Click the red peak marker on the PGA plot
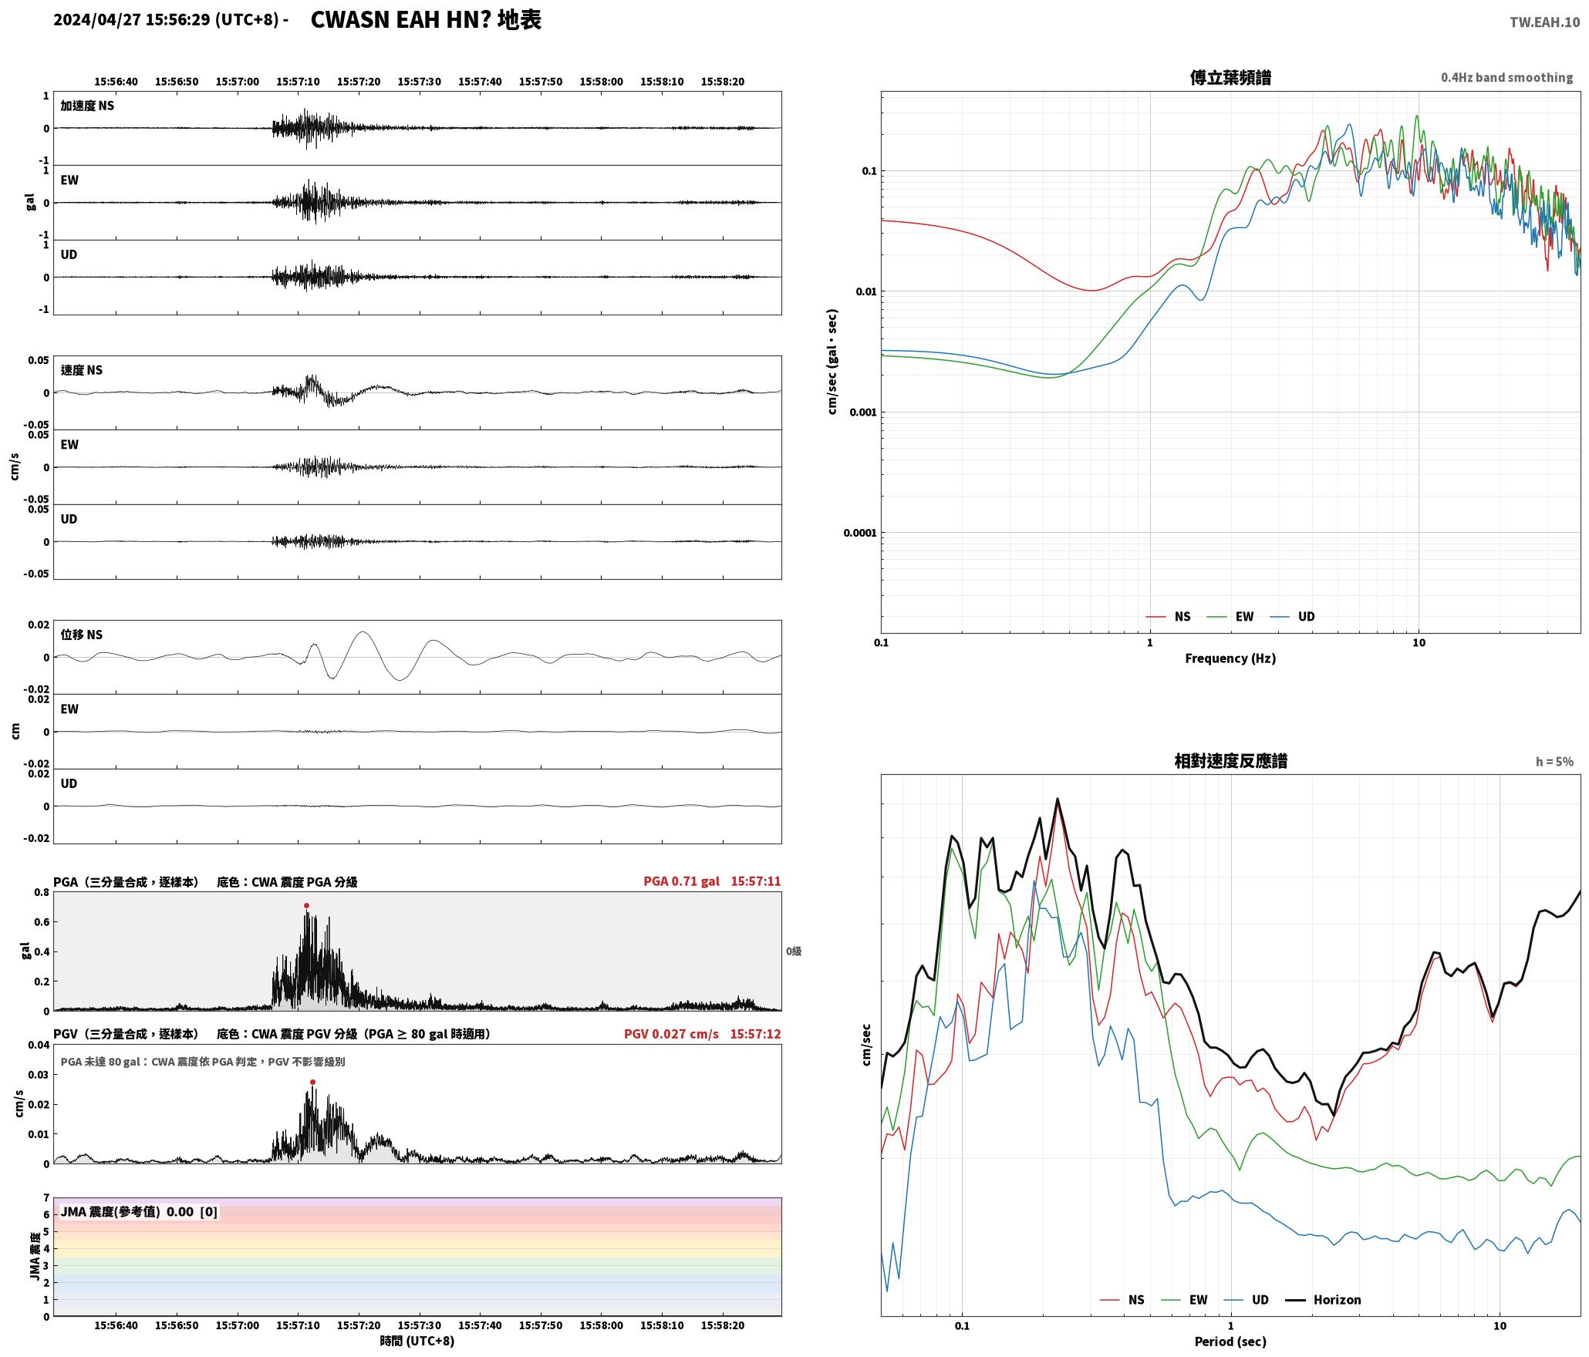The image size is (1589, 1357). tap(306, 906)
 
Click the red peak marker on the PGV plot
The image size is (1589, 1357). tap(312, 1083)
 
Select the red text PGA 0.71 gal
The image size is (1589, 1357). tap(681, 881)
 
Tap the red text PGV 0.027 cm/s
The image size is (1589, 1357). tap(671, 1034)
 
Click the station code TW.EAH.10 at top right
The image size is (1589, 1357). tap(1544, 22)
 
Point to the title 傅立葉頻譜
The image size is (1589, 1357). tap(1230, 78)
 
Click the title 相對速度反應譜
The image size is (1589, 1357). tap(1230, 761)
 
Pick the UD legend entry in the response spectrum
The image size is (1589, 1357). tap(1246, 1300)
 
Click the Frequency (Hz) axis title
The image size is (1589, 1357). tap(1230, 658)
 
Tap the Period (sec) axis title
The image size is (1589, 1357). tap(1230, 1342)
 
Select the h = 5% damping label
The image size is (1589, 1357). tap(1554, 762)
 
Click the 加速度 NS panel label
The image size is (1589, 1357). tap(87, 106)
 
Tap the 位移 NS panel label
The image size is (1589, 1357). tap(81, 635)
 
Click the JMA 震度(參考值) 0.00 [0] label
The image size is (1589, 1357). tap(139, 1212)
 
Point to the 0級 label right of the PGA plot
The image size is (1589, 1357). tap(794, 951)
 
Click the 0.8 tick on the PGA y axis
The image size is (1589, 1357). tap(42, 893)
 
